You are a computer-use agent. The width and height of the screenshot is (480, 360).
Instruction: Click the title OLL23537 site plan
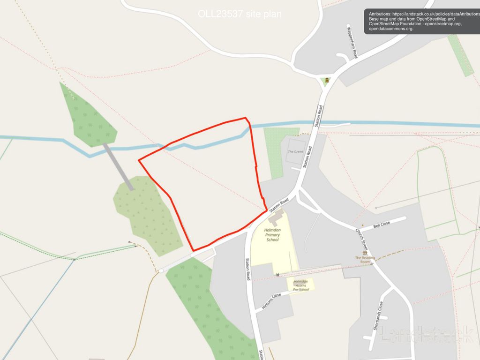[x=240, y=14]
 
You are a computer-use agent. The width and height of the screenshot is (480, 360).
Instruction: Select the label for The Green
[x=295, y=152]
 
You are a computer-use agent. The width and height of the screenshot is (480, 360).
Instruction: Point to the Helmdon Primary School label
[x=272, y=235]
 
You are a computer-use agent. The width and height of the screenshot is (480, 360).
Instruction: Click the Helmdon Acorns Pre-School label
[x=301, y=285]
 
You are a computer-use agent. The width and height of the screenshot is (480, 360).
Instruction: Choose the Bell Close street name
[x=382, y=225]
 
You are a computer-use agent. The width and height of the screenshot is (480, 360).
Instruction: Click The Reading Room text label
[x=365, y=259]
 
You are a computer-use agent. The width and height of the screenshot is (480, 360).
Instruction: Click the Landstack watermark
[x=426, y=334]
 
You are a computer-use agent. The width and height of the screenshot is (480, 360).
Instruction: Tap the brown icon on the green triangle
[x=326, y=80]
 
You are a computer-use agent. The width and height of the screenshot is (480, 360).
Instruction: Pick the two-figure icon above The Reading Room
[x=365, y=253]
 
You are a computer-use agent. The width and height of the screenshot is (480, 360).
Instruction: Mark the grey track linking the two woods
[x=118, y=166]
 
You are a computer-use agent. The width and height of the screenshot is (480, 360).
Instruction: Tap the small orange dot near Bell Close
[x=362, y=225]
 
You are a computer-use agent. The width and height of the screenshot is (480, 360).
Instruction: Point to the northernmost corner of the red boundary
[x=245, y=118]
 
